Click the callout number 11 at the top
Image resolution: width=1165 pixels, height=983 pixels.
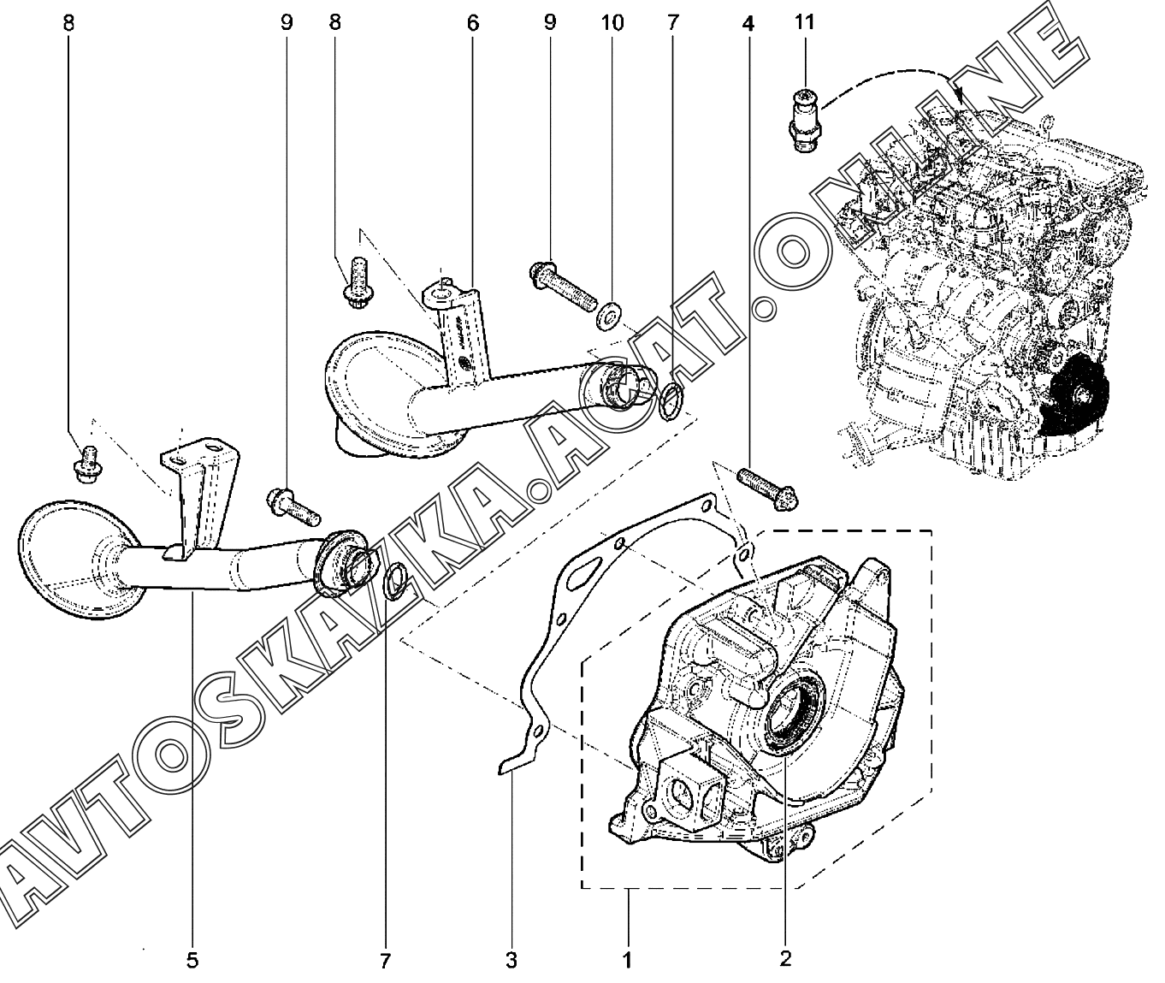tap(804, 22)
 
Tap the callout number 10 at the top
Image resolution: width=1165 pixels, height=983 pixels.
tap(612, 23)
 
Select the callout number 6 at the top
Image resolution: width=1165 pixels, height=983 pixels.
tap(472, 23)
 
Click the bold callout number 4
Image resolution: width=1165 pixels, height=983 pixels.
tap(748, 23)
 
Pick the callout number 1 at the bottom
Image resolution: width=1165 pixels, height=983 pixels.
tap(627, 960)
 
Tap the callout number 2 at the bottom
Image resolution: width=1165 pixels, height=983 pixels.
tap(785, 958)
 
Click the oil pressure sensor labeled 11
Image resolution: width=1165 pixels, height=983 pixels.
tap(803, 121)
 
